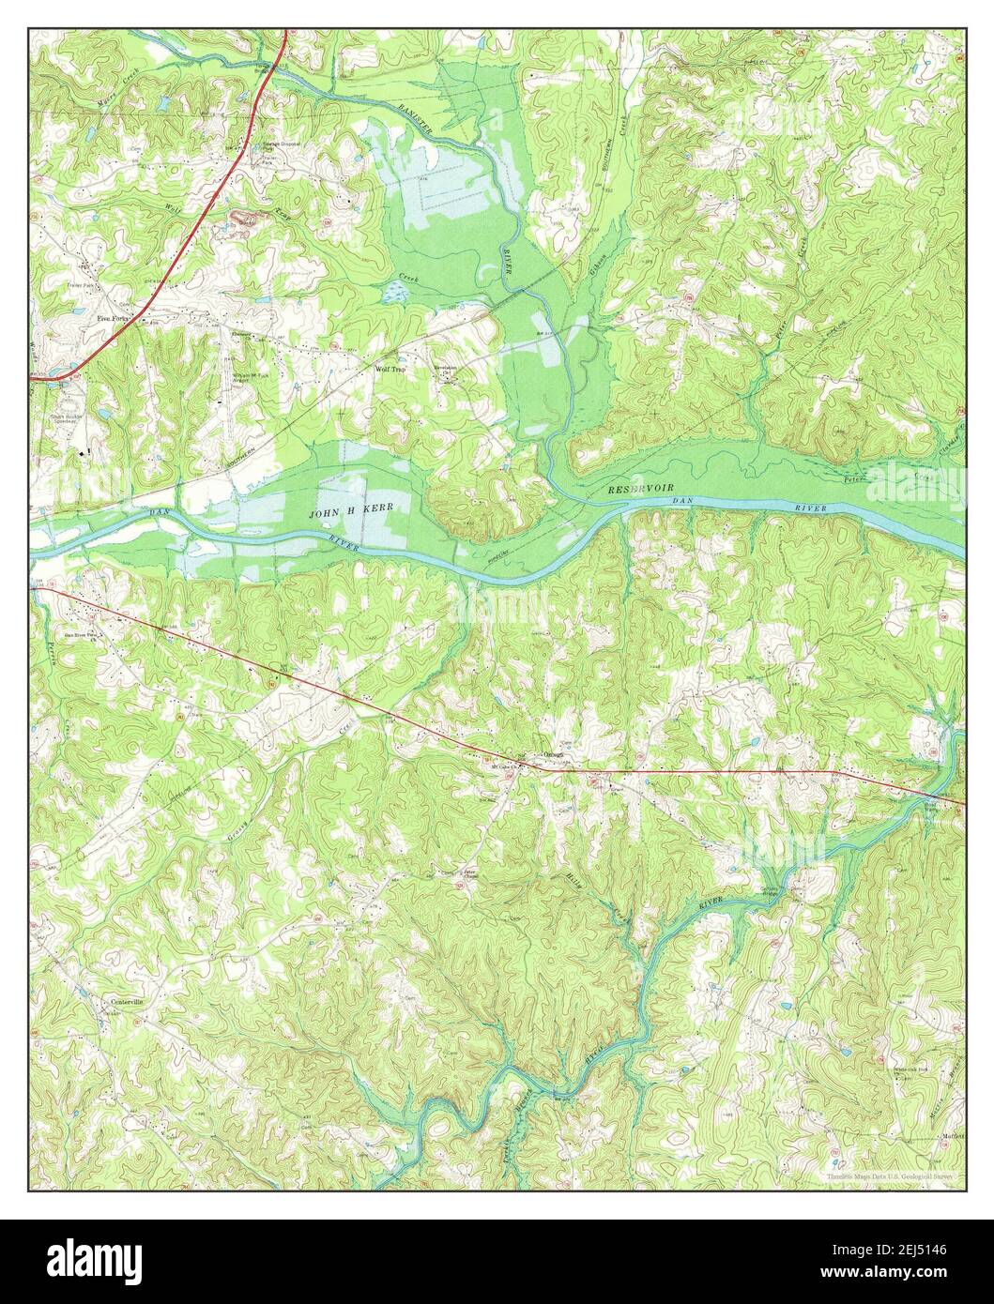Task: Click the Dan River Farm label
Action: pos(82,632)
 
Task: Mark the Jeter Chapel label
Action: pos(468,872)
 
